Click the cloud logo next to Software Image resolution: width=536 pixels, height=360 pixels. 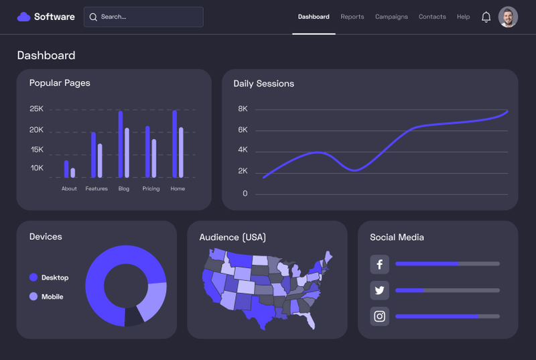click(24, 17)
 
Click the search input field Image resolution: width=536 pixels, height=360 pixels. click(143, 17)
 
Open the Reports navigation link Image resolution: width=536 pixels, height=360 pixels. click(352, 17)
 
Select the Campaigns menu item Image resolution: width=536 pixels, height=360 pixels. click(391, 17)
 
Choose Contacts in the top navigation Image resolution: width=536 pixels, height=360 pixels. click(432, 17)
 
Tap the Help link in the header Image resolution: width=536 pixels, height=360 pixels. click(463, 17)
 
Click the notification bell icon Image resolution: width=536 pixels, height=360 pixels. click(486, 17)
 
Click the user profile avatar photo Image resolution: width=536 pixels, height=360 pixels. click(509, 17)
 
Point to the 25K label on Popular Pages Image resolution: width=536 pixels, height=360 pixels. click(36, 109)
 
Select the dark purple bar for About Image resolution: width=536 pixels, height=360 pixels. click(66, 168)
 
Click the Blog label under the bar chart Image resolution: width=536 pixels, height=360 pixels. click(124, 188)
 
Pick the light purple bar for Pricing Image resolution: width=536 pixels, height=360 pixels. click(154, 158)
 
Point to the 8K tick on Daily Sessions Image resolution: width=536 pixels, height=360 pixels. click(243, 109)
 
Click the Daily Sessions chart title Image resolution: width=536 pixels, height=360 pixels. click(263, 84)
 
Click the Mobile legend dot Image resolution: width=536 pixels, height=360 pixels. click(33, 296)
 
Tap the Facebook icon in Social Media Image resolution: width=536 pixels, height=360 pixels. click(379, 264)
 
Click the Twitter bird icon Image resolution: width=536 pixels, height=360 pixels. click(379, 290)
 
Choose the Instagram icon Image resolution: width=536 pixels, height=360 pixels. click(379, 316)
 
